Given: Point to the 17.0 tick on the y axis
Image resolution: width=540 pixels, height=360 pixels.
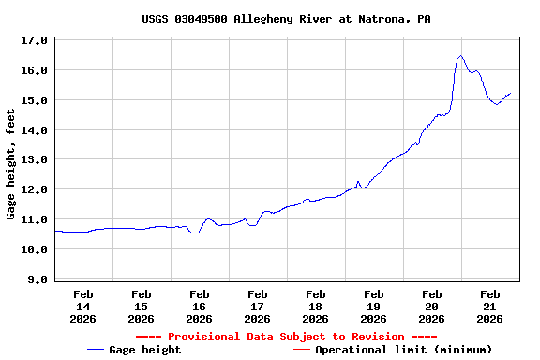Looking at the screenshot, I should (34, 41).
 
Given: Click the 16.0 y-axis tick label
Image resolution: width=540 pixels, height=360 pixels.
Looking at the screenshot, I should (34, 71).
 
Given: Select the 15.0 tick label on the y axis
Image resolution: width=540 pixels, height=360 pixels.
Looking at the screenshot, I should (34, 100).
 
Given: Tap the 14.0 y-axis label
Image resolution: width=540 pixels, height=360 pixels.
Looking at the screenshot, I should (34, 130).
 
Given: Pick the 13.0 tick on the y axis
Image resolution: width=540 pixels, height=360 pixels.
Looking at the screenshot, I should (34, 160).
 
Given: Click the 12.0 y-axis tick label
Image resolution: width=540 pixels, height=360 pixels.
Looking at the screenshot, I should (34, 190).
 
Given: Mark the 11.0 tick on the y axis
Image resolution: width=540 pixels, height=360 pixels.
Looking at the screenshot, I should (34, 220).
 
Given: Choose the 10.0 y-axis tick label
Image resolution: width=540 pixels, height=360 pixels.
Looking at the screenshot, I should (34, 249).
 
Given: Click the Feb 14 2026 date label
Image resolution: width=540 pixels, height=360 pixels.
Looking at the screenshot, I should (82, 307).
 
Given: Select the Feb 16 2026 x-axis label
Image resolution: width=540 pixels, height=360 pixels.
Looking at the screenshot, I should (199, 307).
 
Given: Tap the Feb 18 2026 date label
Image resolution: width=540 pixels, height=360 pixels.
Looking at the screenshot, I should (315, 307).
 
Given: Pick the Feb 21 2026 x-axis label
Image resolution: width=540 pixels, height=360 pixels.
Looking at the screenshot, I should (489, 307).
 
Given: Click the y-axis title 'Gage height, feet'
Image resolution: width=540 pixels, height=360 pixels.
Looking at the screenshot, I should (11, 164).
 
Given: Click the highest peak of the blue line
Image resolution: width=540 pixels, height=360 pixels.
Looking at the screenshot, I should (460, 56).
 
